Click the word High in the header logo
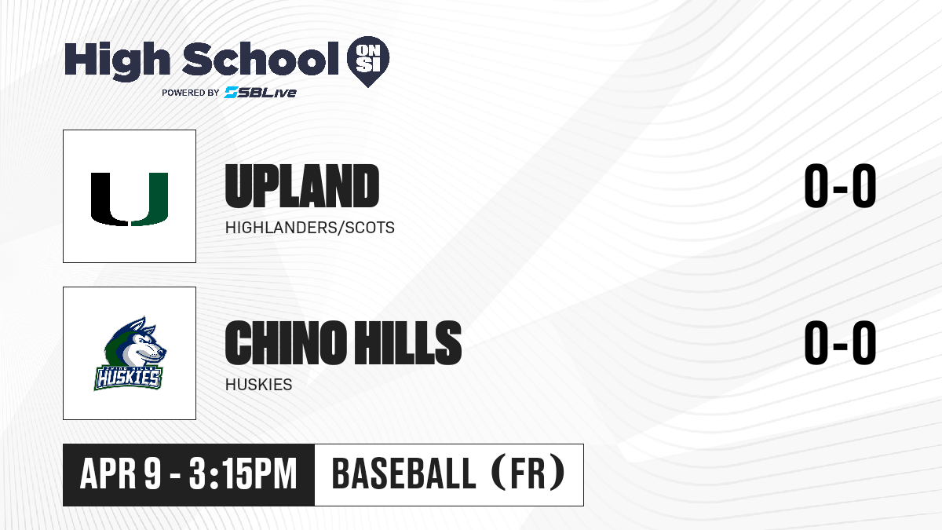pos(117,61)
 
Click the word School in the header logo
pos(261,58)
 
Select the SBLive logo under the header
pos(260,93)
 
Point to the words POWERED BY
pos(191,93)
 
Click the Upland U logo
pos(130,199)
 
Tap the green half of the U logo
pos(150,199)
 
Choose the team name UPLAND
pos(302,186)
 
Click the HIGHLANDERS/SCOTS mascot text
pos(310,228)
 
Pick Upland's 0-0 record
pos(840,186)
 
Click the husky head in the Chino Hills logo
pos(135,342)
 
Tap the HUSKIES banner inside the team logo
pos(128,378)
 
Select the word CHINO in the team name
pos(286,342)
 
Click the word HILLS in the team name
pos(407,342)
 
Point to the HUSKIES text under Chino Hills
pos(258,385)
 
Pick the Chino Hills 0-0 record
pos(840,342)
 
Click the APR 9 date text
pos(120,474)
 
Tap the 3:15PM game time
pos(243,474)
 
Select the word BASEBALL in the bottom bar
pos(403,474)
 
